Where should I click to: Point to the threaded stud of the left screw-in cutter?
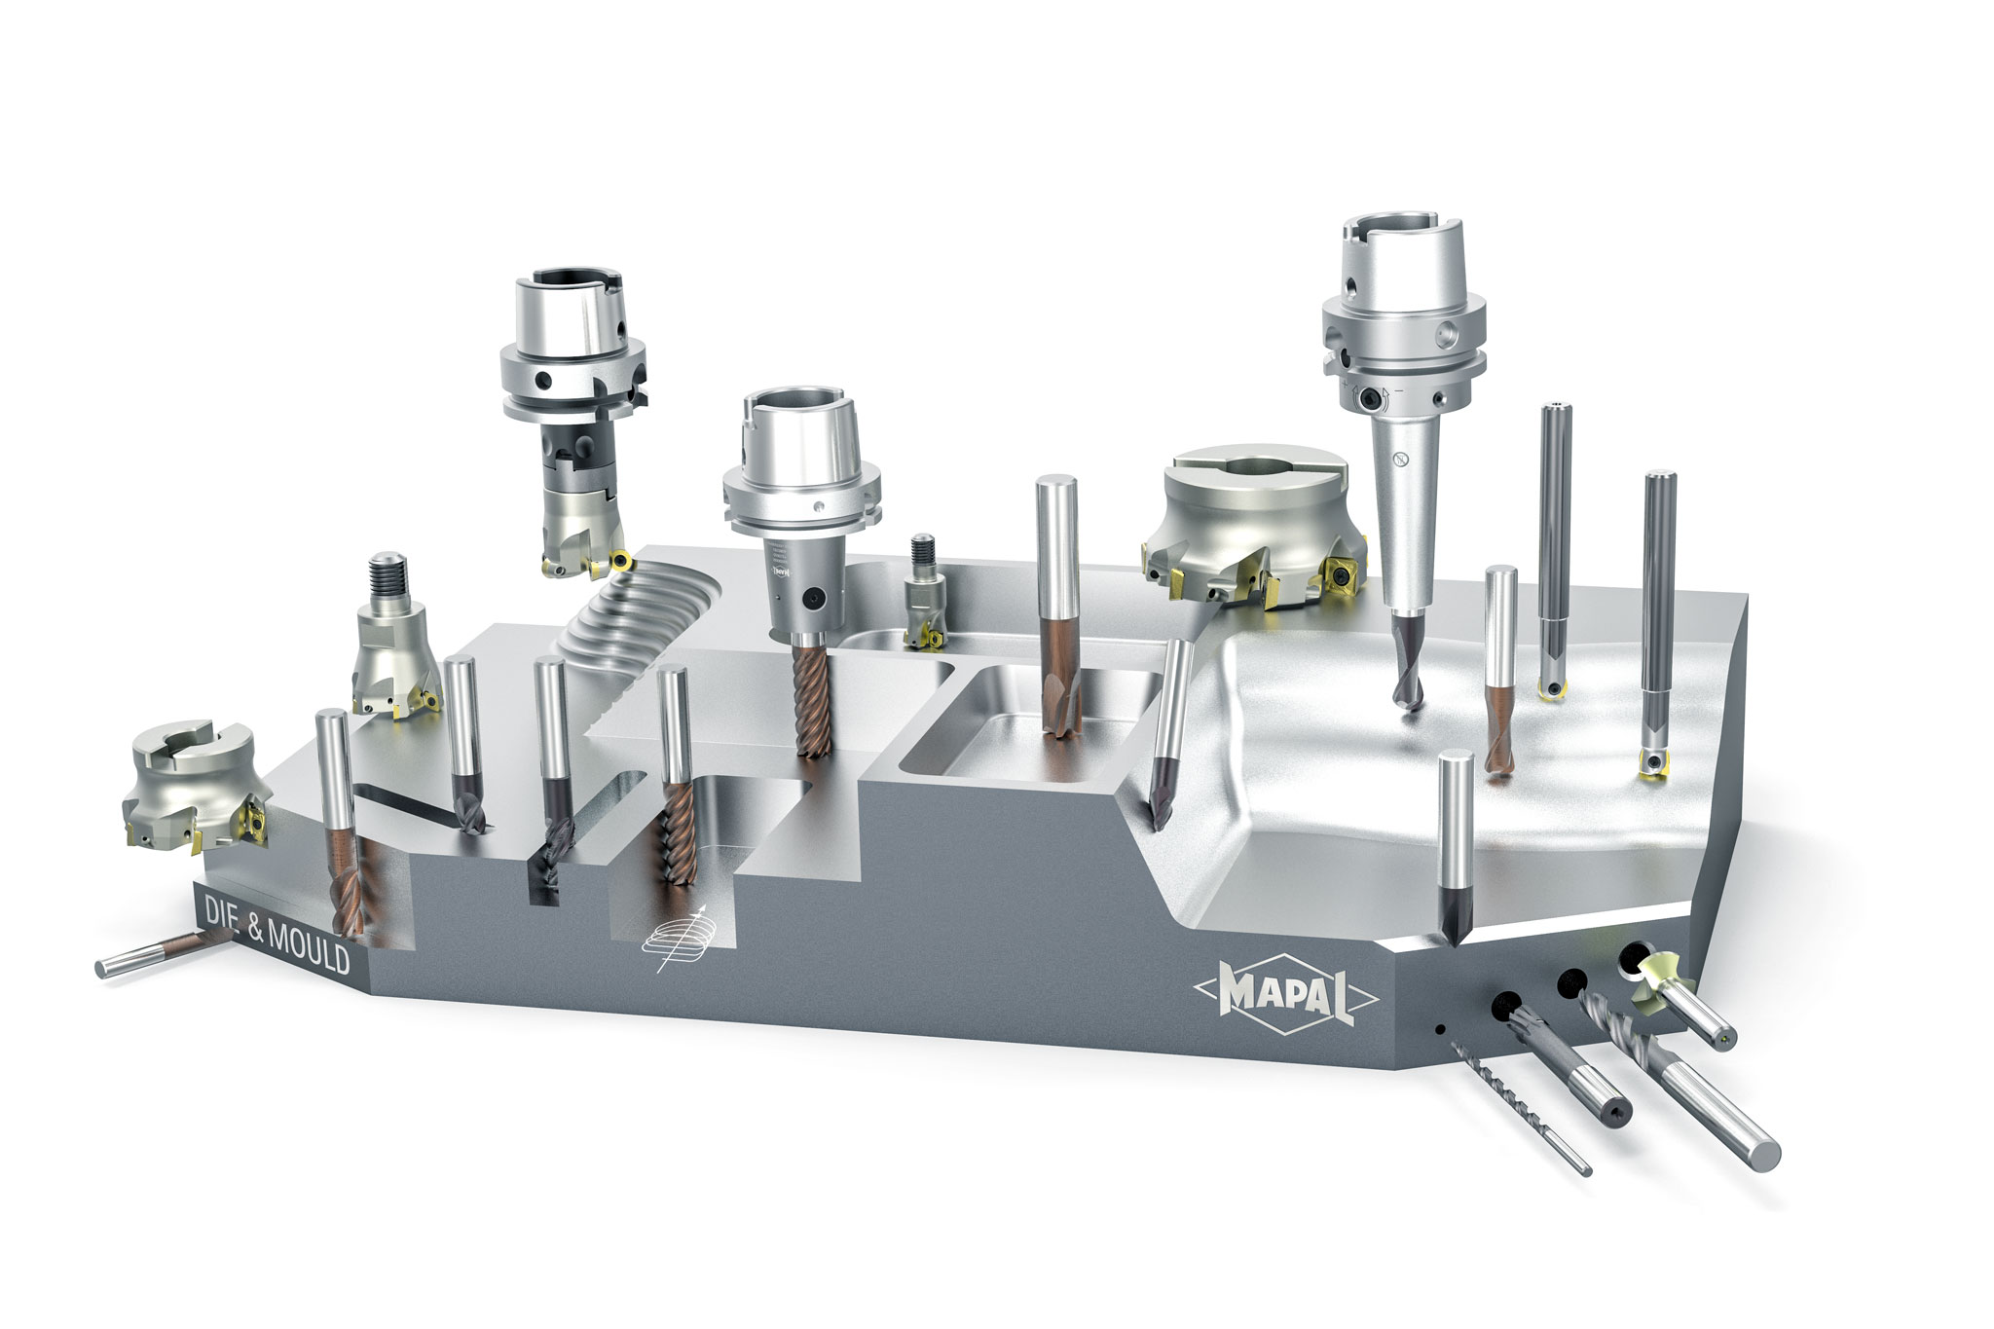[388, 580]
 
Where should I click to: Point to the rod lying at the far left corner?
[161, 955]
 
